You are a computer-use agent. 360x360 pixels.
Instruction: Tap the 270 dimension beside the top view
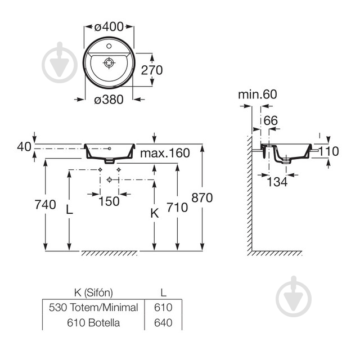(152, 70)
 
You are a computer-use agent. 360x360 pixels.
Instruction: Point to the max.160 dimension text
(165, 153)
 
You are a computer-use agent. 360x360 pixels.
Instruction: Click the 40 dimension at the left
(24, 147)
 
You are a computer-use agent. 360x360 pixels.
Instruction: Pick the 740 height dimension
(44, 205)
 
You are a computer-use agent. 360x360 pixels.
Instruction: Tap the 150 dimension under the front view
(109, 201)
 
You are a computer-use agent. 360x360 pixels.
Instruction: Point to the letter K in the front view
(155, 213)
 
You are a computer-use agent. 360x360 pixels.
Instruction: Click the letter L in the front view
(70, 210)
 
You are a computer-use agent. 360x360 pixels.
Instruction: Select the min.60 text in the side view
(256, 94)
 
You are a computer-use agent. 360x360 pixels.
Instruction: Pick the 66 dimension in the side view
(270, 120)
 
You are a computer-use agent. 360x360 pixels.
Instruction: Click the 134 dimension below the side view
(276, 182)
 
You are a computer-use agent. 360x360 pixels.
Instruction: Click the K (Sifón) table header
(94, 292)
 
